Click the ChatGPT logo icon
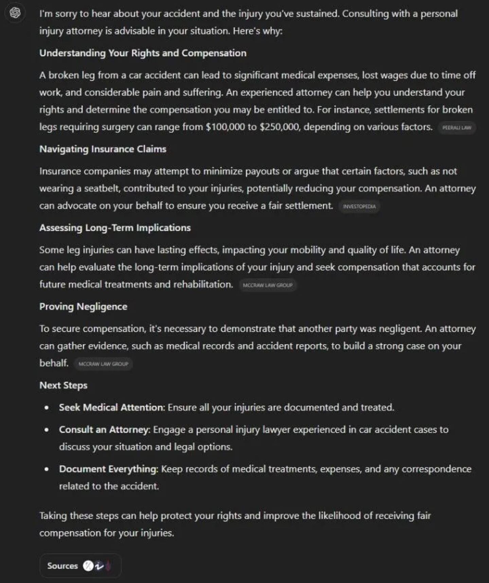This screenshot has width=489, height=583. click(x=15, y=13)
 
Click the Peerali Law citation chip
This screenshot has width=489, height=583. click(x=457, y=128)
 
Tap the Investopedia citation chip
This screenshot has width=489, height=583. click(x=359, y=207)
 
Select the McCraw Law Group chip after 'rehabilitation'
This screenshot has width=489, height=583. click(x=268, y=285)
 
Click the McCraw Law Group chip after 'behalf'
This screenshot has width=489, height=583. click(x=103, y=364)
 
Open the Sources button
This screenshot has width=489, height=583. click(x=80, y=566)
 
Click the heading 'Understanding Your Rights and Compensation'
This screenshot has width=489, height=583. click(x=143, y=53)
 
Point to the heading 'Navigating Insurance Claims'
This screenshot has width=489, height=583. click(x=103, y=149)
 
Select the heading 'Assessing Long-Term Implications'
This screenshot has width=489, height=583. click(x=115, y=228)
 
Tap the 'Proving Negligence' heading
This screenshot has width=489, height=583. click(x=83, y=307)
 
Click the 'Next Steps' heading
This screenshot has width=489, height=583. click(x=63, y=386)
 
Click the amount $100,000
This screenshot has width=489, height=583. click(x=225, y=127)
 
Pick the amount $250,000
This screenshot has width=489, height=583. click(x=280, y=127)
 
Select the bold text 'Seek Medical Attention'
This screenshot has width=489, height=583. click(x=111, y=407)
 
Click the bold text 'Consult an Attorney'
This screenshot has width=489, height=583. click(x=104, y=430)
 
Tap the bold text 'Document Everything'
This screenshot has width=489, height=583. click(x=108, y=469)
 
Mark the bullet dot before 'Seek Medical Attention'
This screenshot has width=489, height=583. click(x=47, y=408)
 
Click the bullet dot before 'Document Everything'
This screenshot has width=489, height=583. click(x=47, y=470)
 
